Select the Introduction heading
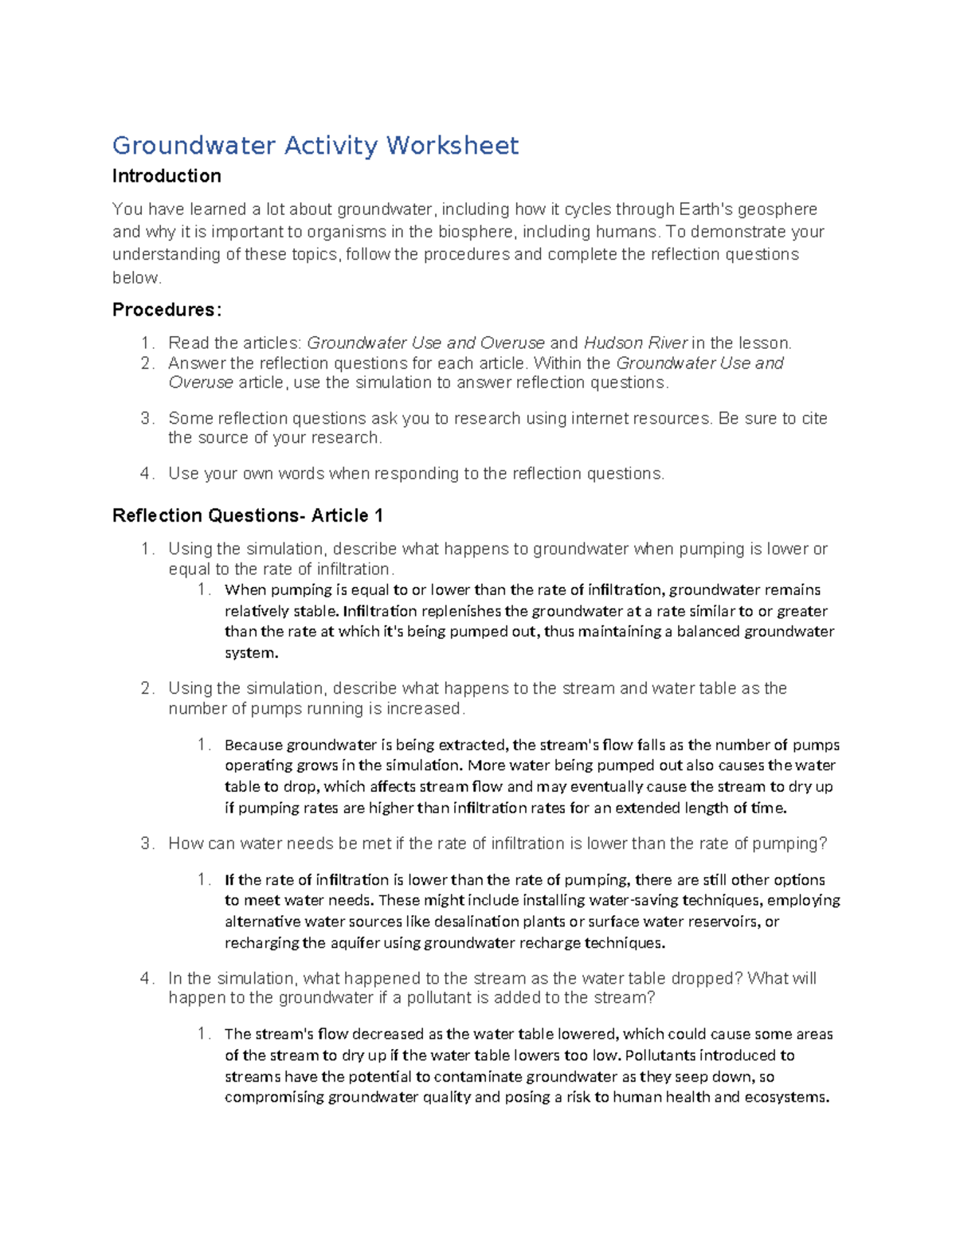click(x=167, y=176)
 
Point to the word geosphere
click(x=777, y=209)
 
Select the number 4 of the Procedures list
click(x=146, y=474)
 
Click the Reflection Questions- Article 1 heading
click(x=248, y=516)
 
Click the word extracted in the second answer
click(x=470, y=746)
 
